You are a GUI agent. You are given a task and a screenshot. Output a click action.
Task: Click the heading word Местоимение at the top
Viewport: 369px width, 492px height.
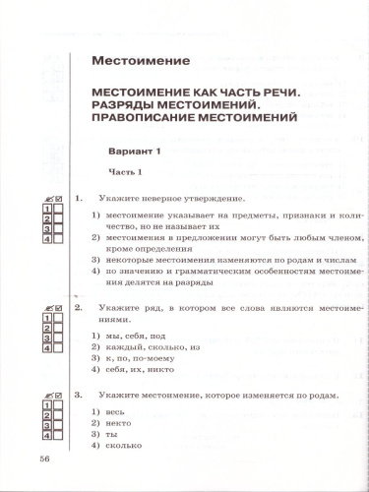click(140, 62)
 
